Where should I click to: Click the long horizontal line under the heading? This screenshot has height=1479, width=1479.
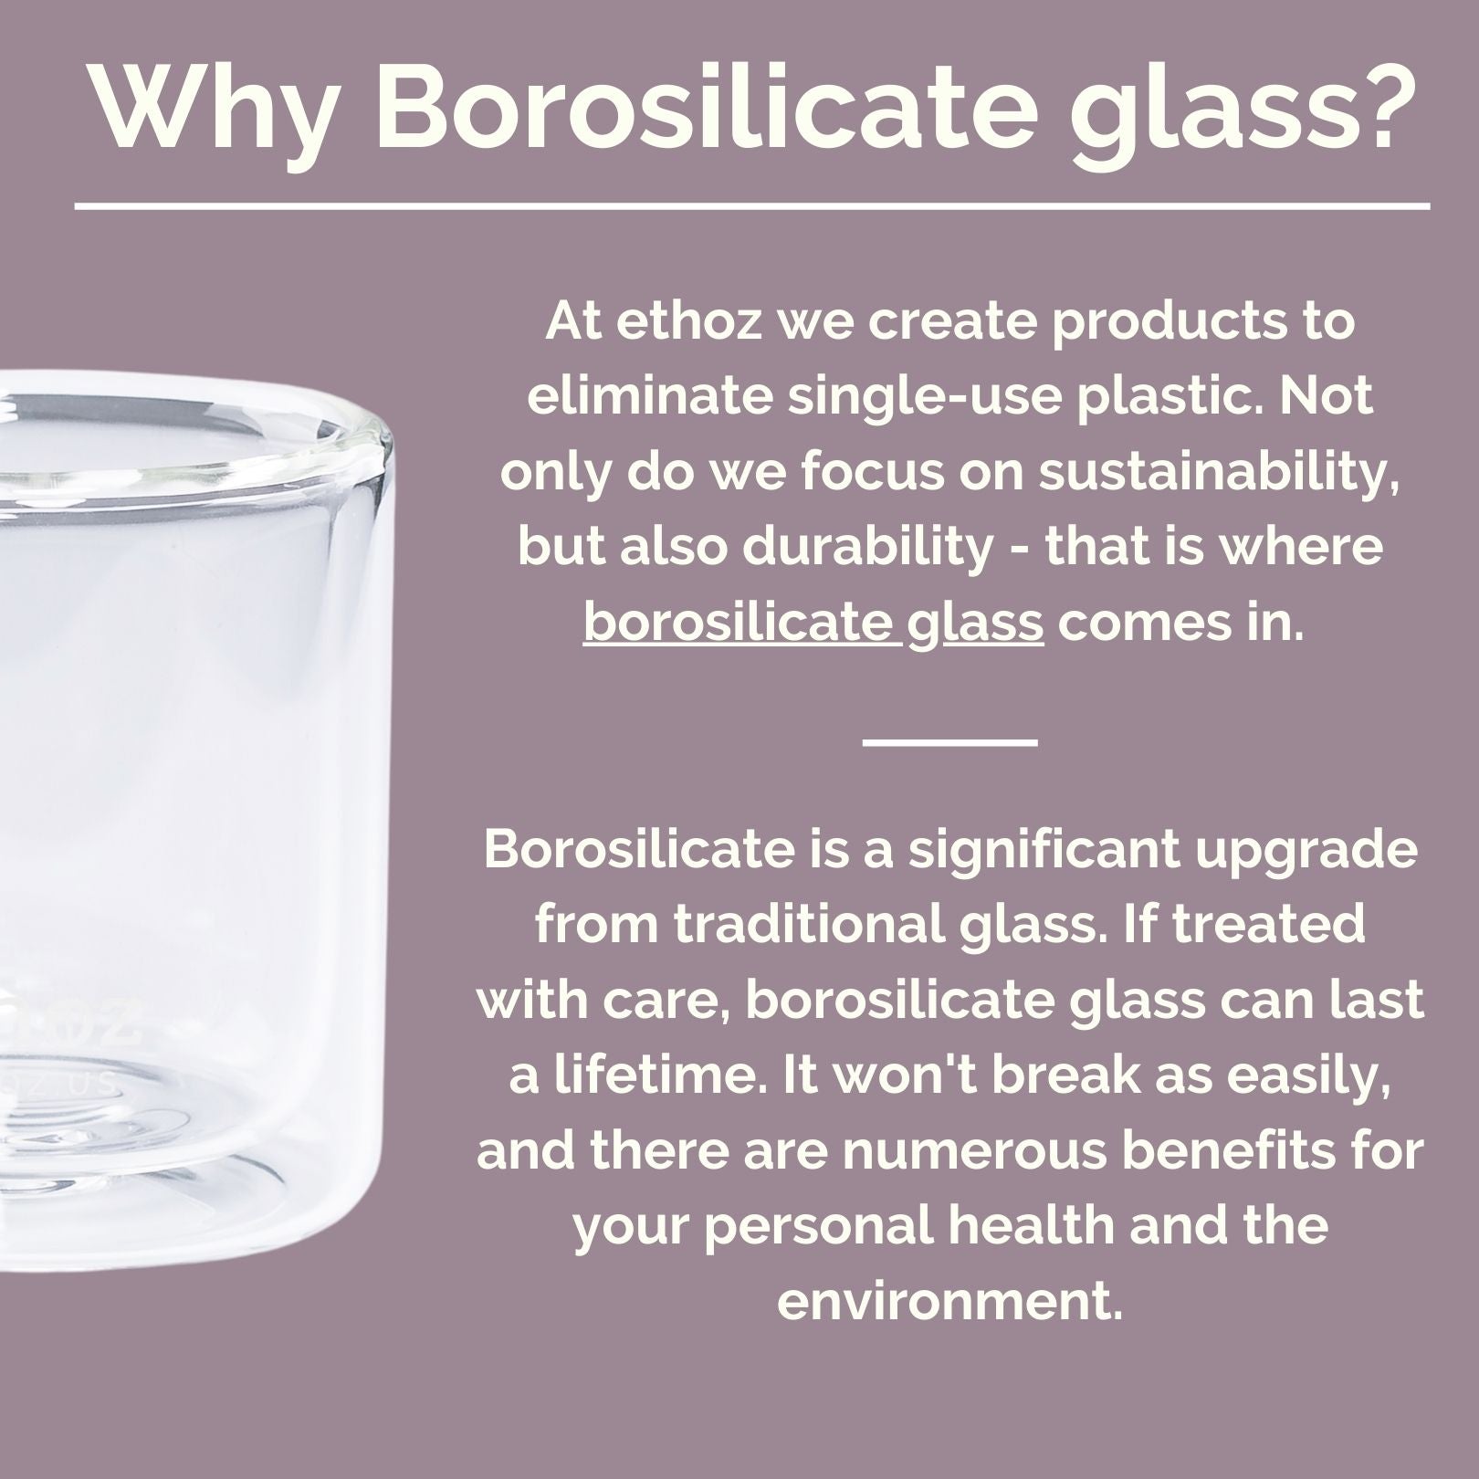pyautogui.click(x=751, y=206)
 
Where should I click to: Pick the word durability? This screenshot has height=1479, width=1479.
pyautogui.click(x=867, y=548)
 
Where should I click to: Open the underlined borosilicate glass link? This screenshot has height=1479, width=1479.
pyautogui.click(x=813, y=624)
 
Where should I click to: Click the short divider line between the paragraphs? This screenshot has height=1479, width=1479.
pyautogui.click(x=949, y=741)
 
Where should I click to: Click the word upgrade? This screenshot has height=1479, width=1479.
pyautogui.click(x=1314, y=850)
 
